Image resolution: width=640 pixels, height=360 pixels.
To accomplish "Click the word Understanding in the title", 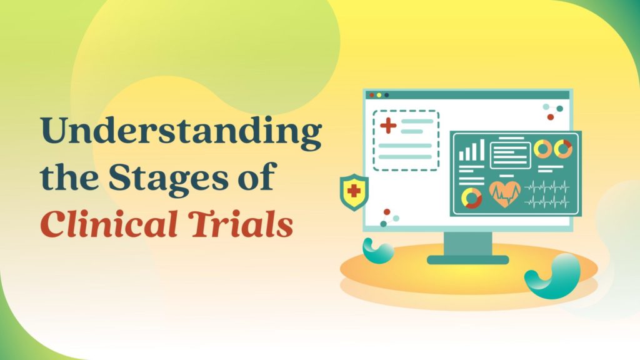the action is pyautogui.click(x=181, y=131).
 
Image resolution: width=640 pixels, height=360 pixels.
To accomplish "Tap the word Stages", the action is pyautogui.click(x=169, y=177).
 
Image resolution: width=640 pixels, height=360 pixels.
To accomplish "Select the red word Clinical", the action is pyautogui.click(x=109, y=224).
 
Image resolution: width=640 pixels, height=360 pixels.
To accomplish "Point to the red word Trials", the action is pyautogui.click(x=242, y=224).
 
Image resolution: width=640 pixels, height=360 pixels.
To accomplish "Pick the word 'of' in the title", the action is pyautogui.click(x=258, y=176).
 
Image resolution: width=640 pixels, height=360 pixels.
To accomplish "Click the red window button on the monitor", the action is pyautogui.click(x=371, y=95).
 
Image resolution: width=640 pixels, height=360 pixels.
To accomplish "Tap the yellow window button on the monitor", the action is pyautogui.click(x=379, y=95).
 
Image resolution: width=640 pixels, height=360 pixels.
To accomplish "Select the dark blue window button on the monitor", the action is pyautogui.click(x=386, y=95).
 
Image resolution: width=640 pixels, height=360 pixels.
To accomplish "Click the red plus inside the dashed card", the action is pyautogui.click(x=388, y=126).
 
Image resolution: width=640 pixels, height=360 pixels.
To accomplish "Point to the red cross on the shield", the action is pyautogui.click(x=354, y=191).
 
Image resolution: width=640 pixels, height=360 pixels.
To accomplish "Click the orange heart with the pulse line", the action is pyautogui.click(x=505, y=194).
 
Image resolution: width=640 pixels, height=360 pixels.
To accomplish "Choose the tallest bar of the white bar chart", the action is pyautogui.click(x=482, y=150).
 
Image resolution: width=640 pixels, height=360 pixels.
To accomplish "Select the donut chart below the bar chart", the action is pyautogui.click(x=471, y=198).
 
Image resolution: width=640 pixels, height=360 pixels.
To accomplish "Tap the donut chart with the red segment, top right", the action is pyautogui.click(x=563, y=149).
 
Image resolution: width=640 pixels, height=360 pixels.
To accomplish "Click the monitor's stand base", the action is pyautogui.click(x=467, y=259).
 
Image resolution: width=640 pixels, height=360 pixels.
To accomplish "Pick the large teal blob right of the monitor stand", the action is pyautogui.click(x=553, y=276).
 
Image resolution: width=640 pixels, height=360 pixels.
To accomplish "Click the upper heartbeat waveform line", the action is pyautogui.click(x=546, y=187).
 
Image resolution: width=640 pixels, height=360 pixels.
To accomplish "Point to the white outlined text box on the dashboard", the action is pyautogui.click(x=510, y=156).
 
